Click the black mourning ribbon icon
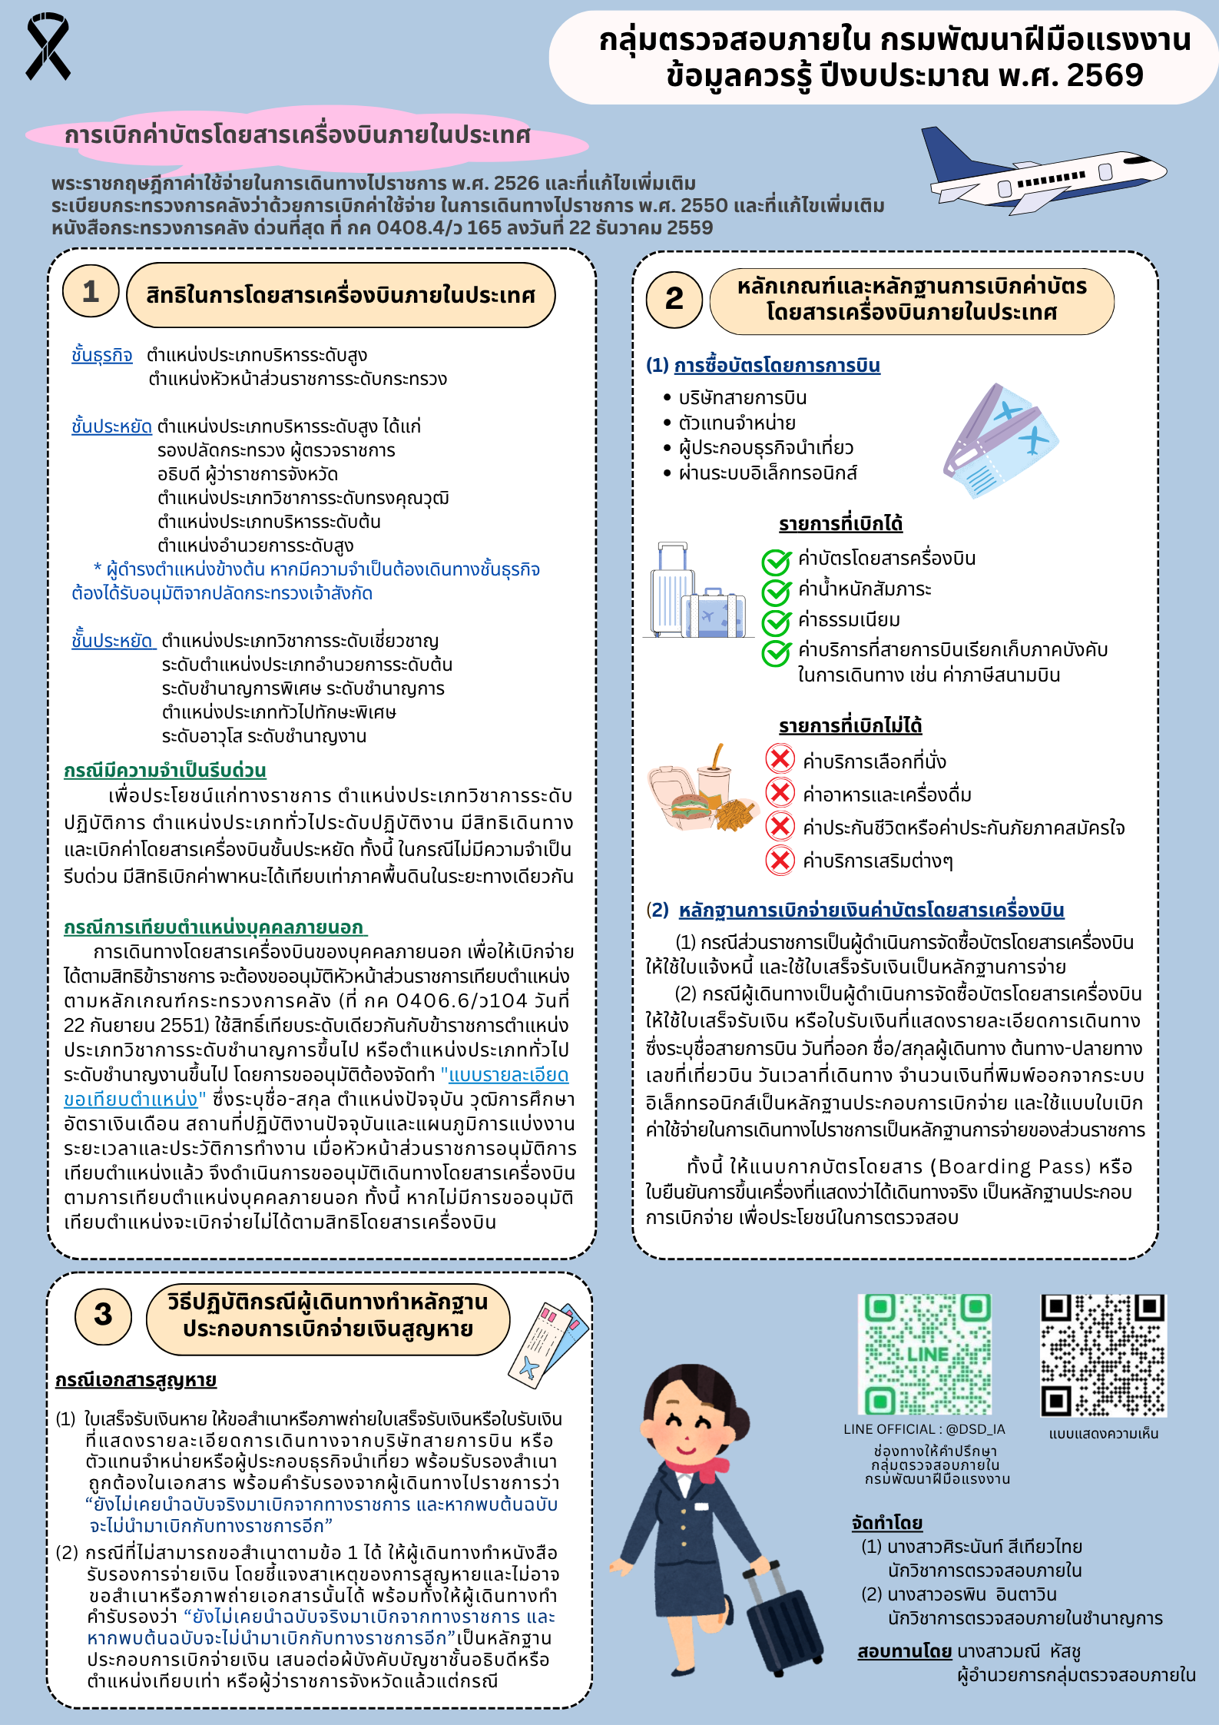(48, 46)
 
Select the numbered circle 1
(91, 291)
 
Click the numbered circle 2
(674, 299)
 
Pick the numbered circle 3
(103, 1315)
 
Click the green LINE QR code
(925, 1354)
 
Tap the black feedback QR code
(1103, 1355)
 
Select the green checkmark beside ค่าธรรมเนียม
(776, 622)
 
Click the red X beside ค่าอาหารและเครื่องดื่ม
(780, 792)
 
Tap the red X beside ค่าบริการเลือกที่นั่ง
(780, 759)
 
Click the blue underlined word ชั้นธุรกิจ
(102, 356)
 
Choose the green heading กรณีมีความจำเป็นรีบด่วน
(165, 771)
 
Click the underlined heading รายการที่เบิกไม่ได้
(850, 725)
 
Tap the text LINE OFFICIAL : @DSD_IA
(924, 1429)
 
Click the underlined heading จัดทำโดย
(886, 1523)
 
